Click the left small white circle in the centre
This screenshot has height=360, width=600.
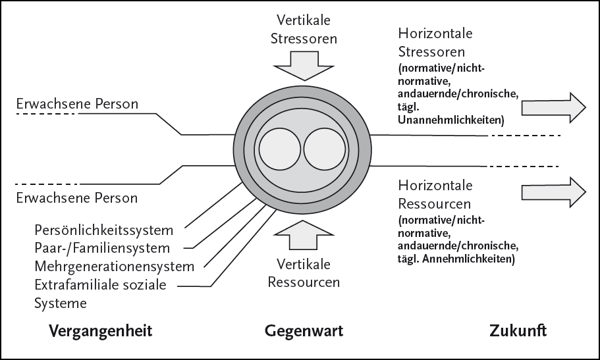(x=279, y=149)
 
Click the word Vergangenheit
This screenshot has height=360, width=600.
(x=101, y=330)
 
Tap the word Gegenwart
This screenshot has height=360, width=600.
(x=304, y=330)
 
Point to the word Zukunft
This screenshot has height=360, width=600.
(x=518, y=330)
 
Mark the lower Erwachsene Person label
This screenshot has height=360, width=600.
(x=76, y=197)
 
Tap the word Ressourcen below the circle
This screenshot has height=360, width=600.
(x=304, y=283)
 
